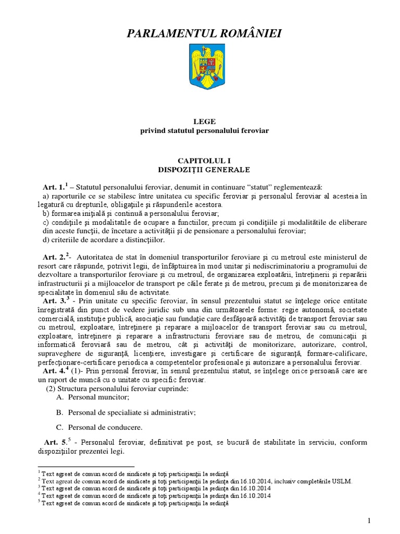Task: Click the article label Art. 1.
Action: pyautogui.click(x=54, y=187)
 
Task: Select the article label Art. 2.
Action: pyautogui.click(x=55, y=257)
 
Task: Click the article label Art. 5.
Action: pyautogui.click(x=55, y=442)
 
